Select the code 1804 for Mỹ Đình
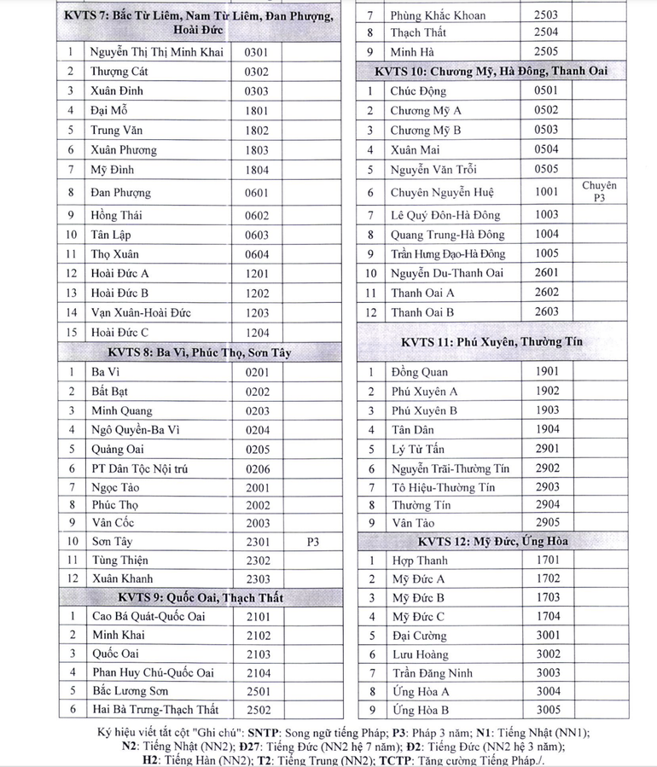pos(256,169)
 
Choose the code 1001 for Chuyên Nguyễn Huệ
pos(547,192)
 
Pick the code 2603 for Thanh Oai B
pos(547,311)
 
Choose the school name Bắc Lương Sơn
pos(130,690)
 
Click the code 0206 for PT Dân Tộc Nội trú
pos(256,468)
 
